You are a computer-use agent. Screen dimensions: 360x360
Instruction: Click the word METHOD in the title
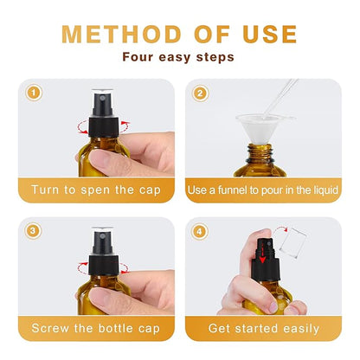[x=110, y=34]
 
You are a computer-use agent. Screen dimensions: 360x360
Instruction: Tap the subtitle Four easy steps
[x=179, y=59]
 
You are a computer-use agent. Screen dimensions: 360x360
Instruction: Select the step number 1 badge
[x=34, y=93]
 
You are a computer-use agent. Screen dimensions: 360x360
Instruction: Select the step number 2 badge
[x=200, y=93]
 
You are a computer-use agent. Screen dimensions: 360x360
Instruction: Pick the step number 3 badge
[x=34, y=231]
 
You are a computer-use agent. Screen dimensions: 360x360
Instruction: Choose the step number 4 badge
[x=200, y=231]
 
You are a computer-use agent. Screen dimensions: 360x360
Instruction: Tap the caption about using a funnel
[x=263, y=189]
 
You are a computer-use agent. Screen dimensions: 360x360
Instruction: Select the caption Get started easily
[x=263, y=328]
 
